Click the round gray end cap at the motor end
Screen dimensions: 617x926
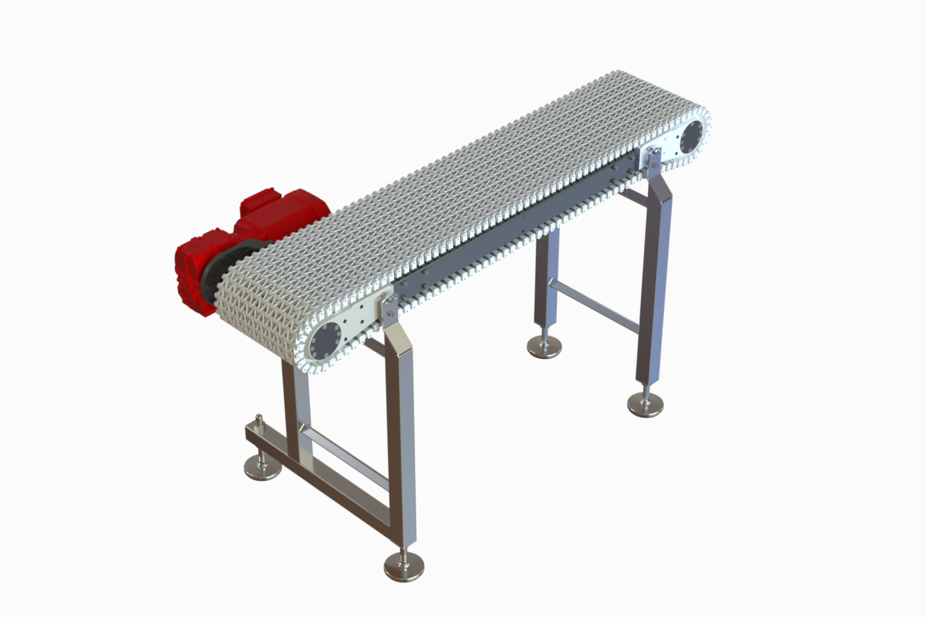326,341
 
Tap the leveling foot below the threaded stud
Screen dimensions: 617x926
263,468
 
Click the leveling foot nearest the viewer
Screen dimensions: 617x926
404,567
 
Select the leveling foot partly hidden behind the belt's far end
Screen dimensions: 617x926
544,347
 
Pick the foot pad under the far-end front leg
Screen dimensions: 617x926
645,405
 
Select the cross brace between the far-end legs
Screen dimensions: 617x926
595,305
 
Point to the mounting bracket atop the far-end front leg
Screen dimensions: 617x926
654,161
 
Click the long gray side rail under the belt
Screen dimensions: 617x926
512,228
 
